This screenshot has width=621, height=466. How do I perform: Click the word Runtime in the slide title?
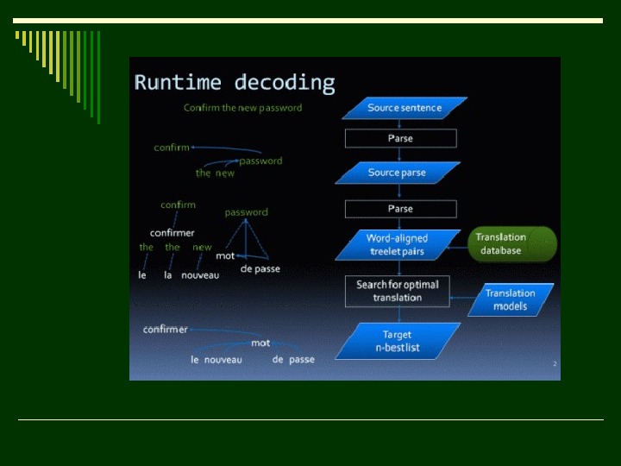click(177, 83)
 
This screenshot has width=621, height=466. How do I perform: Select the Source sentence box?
click(405, 108)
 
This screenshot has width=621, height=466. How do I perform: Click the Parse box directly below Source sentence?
click(400, 138)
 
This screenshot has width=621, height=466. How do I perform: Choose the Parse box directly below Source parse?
click(400, 209)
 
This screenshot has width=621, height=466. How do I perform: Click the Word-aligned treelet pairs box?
click(397, 244)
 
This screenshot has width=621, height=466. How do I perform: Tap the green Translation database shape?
click(512, 244)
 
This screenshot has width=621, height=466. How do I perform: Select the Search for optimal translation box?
click(398, 291)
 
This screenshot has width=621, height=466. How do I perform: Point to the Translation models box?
click(511, 299)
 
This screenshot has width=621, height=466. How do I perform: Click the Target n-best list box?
click(397, 341)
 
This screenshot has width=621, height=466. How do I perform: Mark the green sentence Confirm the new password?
click(243, 108)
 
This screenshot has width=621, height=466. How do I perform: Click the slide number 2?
click(555, 364)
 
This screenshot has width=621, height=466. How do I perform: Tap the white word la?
click(168, 275)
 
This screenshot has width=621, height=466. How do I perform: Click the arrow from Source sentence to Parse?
click(400, 124)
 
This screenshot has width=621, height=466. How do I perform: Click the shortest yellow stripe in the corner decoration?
click(17, 35)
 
